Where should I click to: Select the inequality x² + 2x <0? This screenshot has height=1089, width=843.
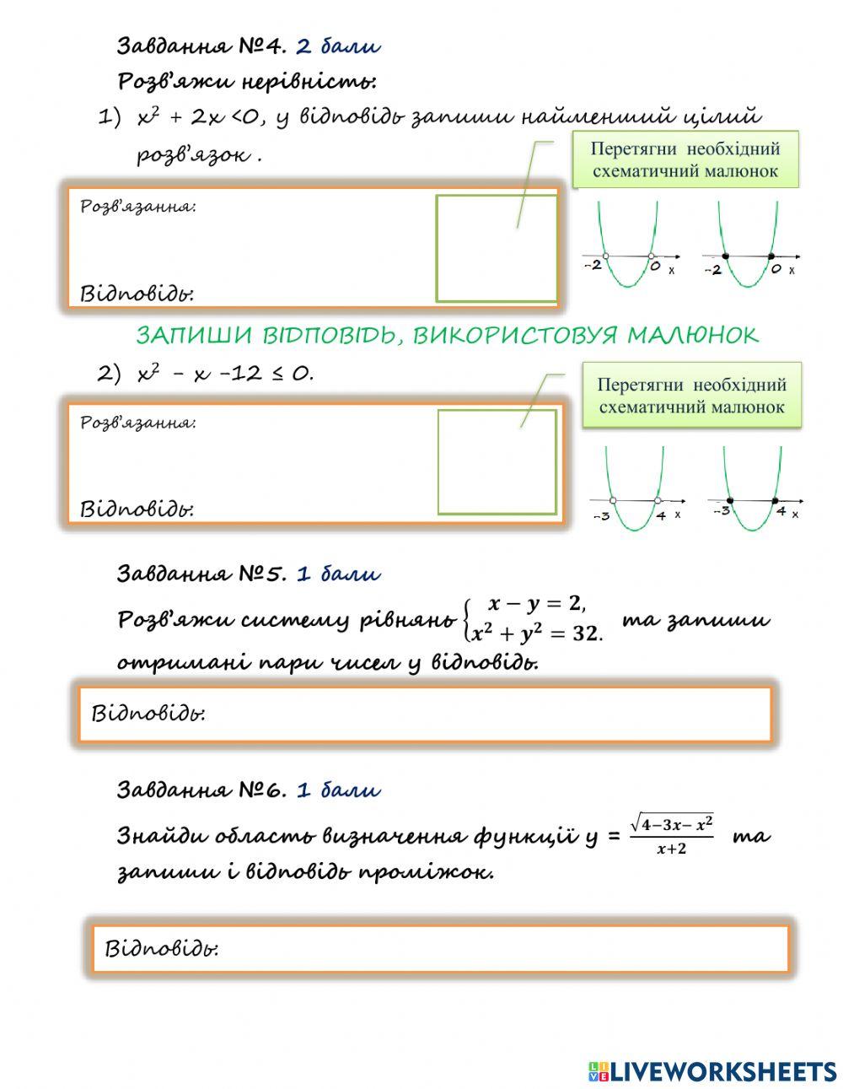click(199, 117)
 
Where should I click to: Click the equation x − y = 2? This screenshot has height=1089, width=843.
click(534, 604)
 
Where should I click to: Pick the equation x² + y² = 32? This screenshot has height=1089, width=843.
click(534, 633)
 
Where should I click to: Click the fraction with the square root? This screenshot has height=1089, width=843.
click(671, 834)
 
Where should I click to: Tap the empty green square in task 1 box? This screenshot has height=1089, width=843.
click(497, 248)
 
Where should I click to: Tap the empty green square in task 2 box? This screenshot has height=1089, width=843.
click(497, 461)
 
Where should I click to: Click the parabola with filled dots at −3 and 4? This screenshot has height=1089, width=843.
click(753, 489)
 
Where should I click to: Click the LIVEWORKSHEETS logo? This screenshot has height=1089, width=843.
click(712, 1071)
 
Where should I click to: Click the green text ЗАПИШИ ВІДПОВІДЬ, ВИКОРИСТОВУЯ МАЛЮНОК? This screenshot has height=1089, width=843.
click(447, 336)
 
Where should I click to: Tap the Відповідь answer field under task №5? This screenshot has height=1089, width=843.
click(425, 714)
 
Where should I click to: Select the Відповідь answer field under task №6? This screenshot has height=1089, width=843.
click(440, 949)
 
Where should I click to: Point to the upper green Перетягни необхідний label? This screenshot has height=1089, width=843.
click(685, 159)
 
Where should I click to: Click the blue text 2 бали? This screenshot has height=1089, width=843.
click(338, 46)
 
